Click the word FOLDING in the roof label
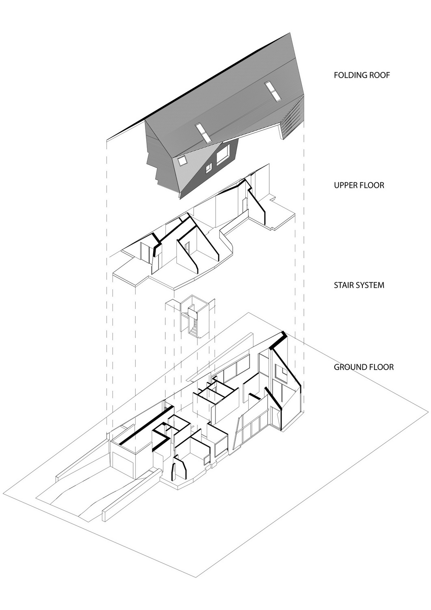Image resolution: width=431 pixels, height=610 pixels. coord(348,75)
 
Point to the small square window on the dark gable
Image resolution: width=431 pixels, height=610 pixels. coord(209,169)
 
